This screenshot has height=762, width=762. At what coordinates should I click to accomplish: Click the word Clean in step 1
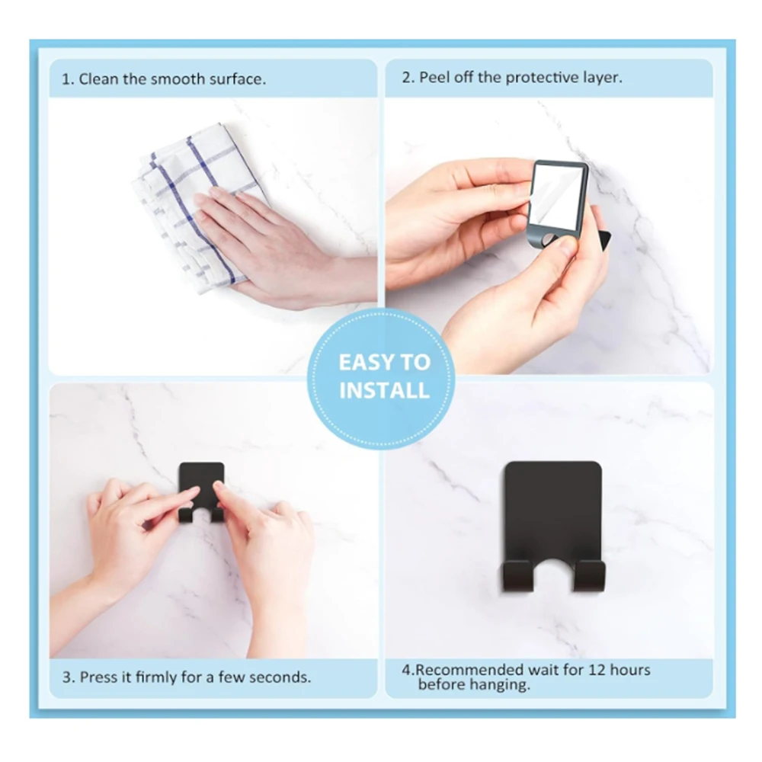click(98, 79)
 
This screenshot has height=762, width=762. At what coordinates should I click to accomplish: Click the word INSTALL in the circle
click(384, 391)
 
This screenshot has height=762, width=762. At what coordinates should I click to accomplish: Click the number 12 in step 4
click(597, 670)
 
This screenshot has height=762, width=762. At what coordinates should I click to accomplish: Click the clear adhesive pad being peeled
click(556, 194)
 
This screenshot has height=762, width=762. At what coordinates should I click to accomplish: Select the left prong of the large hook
click(518, 576)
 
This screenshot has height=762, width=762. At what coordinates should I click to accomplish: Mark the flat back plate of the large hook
click(553, 511)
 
